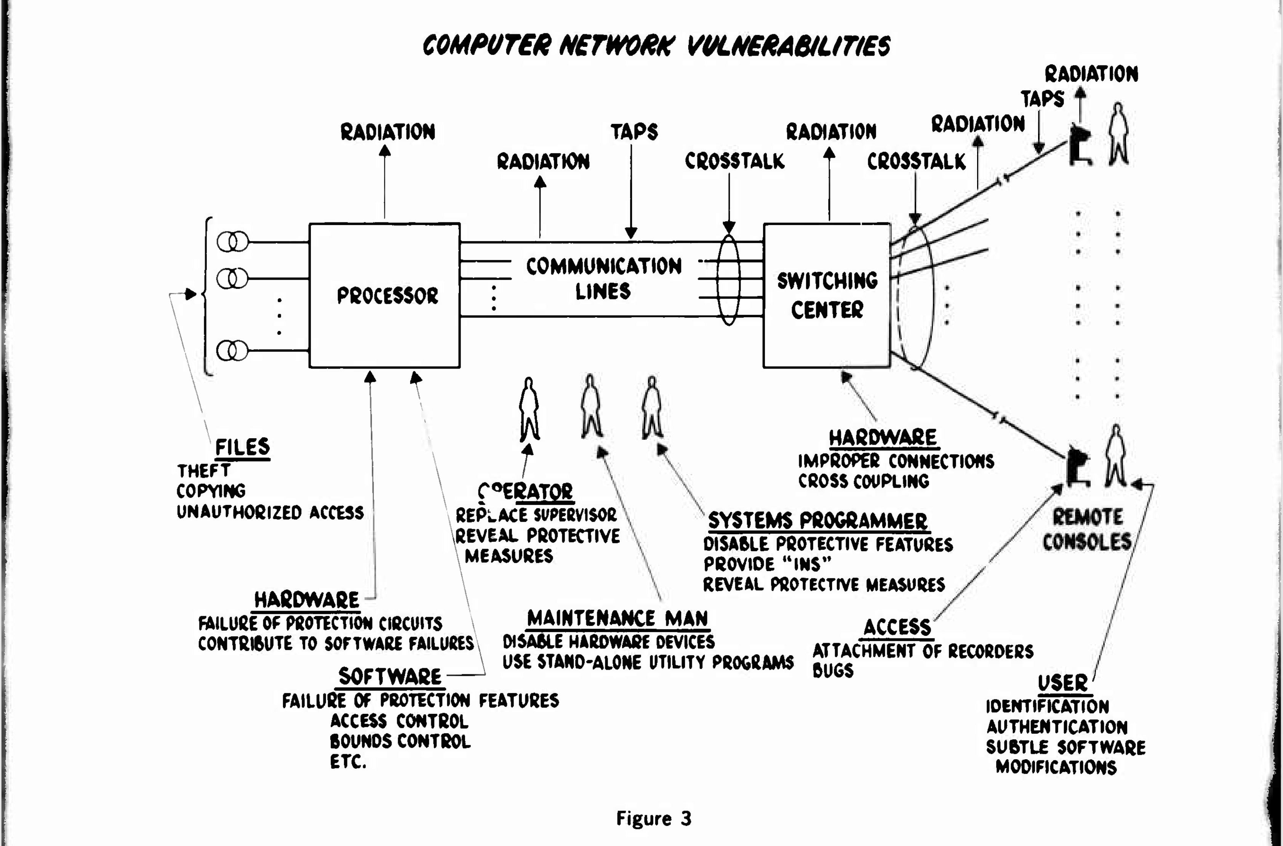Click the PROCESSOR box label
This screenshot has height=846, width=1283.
click(x=387, y=296)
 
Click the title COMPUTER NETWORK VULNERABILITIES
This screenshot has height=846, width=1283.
click(x=656, y=45)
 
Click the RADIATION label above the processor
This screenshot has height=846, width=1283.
click(x=387, y=132)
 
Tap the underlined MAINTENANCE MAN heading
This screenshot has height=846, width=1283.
click(x=617, y=618)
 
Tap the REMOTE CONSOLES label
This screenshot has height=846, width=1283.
click(x=1086, y=529)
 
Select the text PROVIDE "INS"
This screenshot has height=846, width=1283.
click(x=766, y=564)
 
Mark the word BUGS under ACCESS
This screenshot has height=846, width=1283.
click(x=833, y=670)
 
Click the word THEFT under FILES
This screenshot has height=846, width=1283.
click(x=203, y=471)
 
